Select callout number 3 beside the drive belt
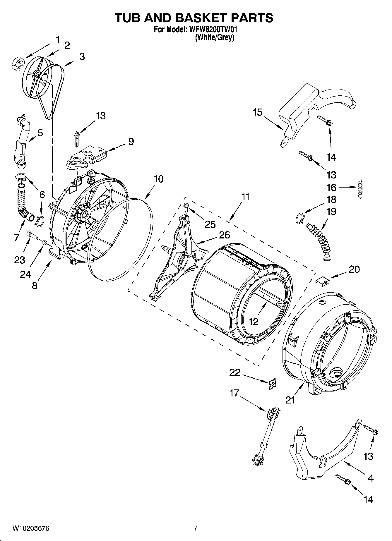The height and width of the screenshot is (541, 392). coord(82,56)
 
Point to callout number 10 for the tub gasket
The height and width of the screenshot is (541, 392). coord(158,179)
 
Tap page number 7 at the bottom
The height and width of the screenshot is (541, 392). coord(196,528)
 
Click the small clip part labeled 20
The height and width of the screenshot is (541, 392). coord(322,281)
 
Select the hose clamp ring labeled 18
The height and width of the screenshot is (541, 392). coord(300,218)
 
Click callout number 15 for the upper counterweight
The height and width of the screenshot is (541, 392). coord(257,112)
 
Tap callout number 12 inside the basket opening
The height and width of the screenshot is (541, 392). coord(253,322)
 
